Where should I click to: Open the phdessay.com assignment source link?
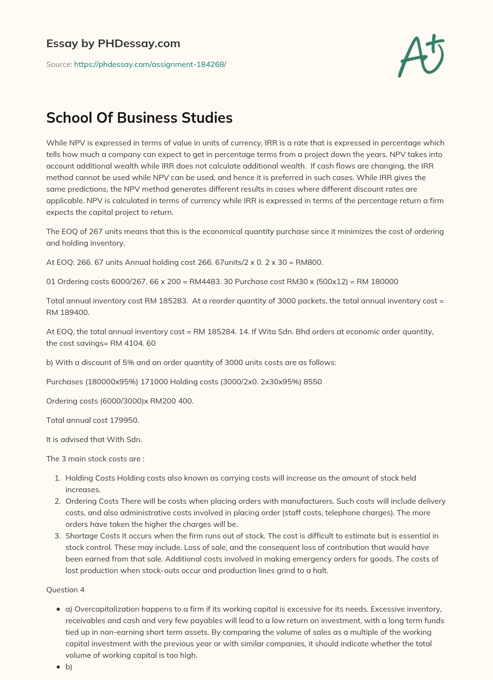(150, 64)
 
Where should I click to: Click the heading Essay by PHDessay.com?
(113, 43)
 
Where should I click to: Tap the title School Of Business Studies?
(139, 118)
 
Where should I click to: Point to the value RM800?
(308, 262)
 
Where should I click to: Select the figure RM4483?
(205, 281)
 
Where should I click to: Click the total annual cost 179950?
(124, 420)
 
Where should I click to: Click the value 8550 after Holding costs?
(313, 381)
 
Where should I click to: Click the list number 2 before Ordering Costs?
(57, 501)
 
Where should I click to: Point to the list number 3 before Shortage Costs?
(57, 536)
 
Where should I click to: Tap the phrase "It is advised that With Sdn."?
(94, 439)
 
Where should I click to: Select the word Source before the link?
(58, 64)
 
